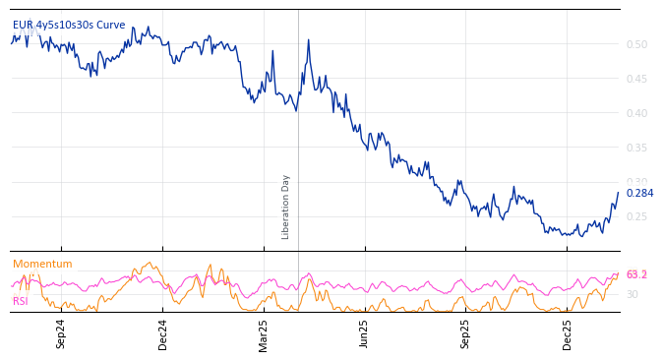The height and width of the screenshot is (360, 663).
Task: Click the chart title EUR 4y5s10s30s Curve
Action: click(69, 25)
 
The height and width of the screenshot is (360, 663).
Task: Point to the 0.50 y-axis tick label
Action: click(636, 44)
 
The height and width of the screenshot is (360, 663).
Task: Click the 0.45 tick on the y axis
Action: click(636, 79)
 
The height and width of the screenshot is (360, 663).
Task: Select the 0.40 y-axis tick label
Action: click(636, 113)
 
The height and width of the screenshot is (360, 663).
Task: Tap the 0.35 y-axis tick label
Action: click(636, 148)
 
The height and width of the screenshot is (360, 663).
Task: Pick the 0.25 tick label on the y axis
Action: click(636, 216)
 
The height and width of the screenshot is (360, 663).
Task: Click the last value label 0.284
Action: click(639, 193)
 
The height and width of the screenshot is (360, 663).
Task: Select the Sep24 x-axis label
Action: click(61, 333)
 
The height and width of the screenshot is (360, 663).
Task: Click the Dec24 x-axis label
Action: click(163, 333)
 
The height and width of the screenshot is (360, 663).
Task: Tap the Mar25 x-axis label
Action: click(264, 333)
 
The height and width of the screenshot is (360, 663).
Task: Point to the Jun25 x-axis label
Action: click(365, 333)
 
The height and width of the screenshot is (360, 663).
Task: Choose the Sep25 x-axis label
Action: click(466, 333)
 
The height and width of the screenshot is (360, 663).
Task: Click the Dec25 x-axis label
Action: click(568, 333)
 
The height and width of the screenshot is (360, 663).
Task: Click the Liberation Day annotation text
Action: click(286, 207)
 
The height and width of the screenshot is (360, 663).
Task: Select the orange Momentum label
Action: click(42, 264)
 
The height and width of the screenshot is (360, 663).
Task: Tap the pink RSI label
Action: click(21, 301)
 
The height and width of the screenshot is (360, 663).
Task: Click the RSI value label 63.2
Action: click(636, 274)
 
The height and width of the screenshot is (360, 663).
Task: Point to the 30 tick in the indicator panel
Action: click(633, 294)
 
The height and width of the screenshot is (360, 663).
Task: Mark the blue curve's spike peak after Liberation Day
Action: click(308, 40)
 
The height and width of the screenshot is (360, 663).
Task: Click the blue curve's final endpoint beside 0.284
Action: click(619, 193)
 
